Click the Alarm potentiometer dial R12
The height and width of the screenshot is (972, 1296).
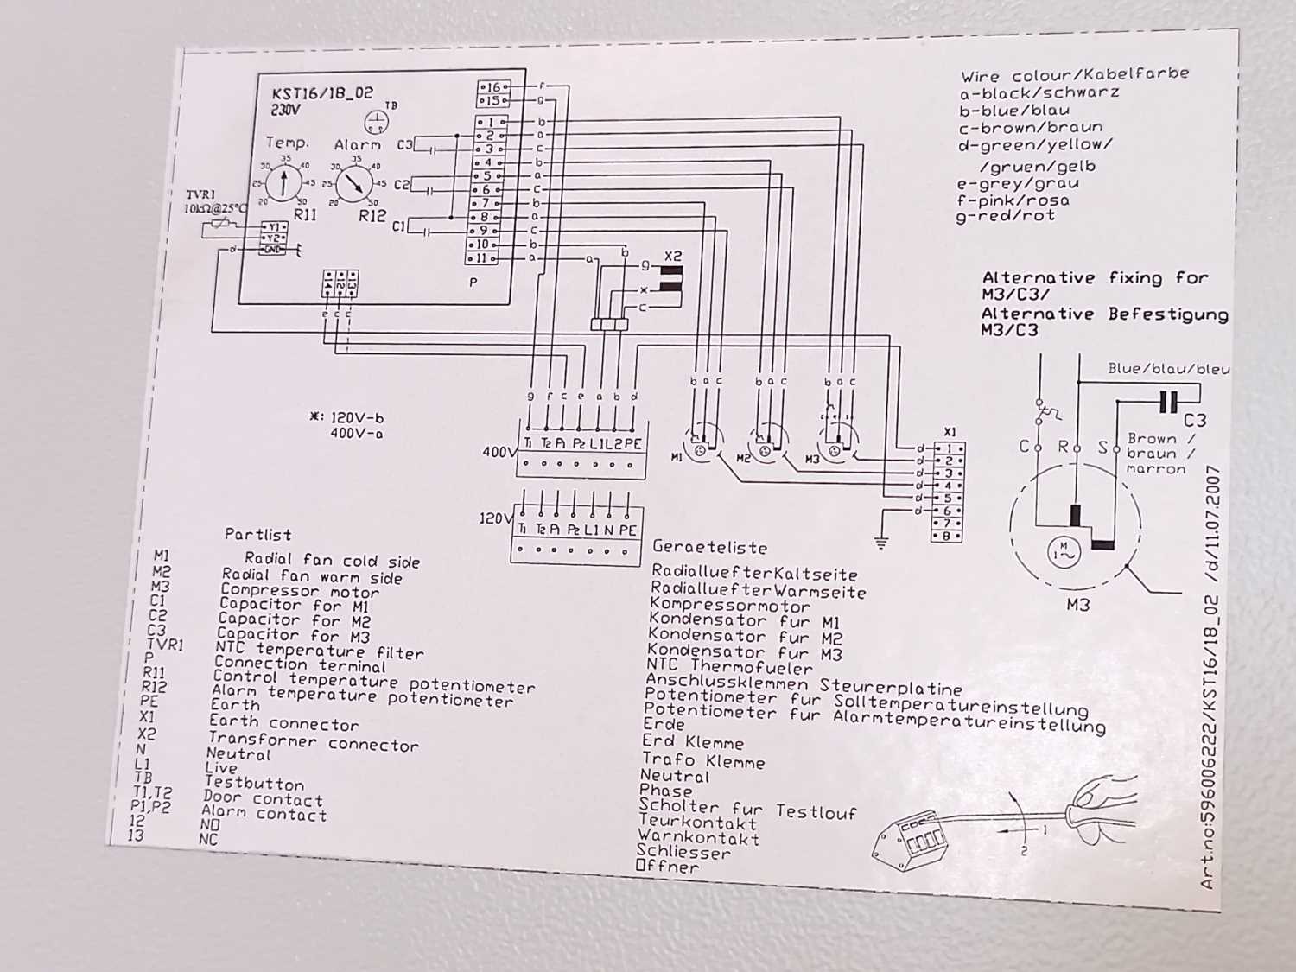click(353, 182)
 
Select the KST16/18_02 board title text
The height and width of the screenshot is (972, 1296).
click(322, 93)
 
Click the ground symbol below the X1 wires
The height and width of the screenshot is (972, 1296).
click(880, 542)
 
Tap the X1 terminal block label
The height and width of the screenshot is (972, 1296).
click(950, 431)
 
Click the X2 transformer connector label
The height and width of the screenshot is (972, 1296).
click(673, 257)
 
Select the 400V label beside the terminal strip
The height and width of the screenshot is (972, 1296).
click(499, 451)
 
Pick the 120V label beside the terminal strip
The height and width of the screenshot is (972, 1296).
click(495, 518)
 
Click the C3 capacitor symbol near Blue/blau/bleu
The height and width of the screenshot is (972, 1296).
click(1168, 402)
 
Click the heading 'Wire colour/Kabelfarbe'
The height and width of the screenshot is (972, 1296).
click(1074, 75)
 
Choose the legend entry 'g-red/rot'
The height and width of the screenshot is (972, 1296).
click(1005, 216)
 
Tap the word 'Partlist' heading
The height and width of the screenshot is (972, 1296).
click(257, 535)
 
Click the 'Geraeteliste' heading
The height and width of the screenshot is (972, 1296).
click(709, 547)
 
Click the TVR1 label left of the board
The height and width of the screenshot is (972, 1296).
click(200, 195)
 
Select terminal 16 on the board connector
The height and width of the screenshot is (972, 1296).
click(492, 87)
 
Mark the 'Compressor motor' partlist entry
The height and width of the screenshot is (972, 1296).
click(300, 591)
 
